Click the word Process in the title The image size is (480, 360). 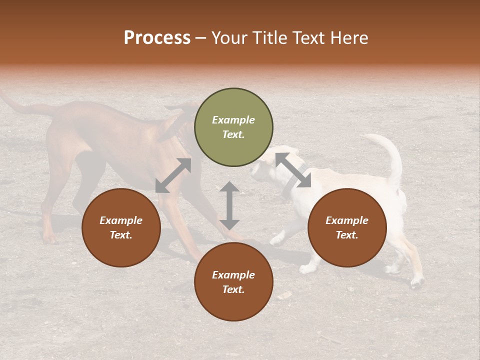(157, 38)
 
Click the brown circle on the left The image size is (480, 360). (121, 227)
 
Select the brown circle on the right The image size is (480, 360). (347, 227)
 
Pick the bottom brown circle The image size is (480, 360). (233, 282)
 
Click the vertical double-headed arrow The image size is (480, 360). (229, 205)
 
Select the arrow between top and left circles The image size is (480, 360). (173, 175)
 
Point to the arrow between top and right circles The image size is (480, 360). (293, 170)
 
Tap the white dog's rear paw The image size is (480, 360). (416, 283)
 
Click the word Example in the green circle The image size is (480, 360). (233, 120)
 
